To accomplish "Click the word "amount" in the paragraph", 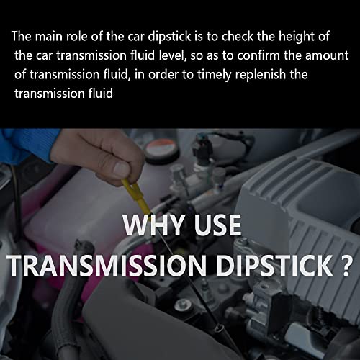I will coord(329,55).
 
